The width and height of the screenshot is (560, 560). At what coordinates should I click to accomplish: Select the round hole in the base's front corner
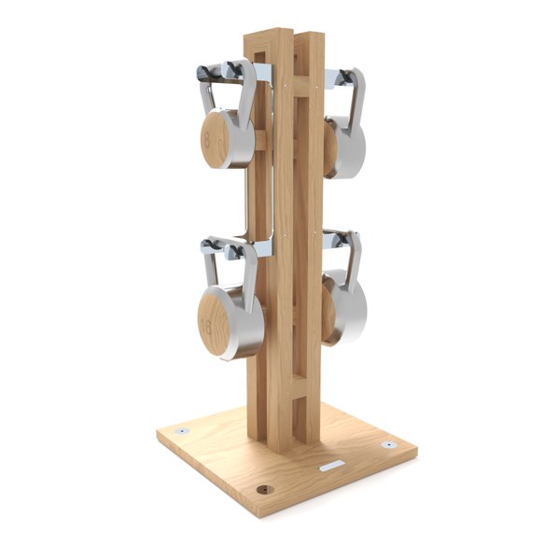[265, 489]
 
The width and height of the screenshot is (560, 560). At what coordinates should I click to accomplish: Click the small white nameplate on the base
[332, 464]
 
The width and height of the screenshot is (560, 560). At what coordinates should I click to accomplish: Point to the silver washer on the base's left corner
[181, 431]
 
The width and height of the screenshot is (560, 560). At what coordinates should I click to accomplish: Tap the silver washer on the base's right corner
[387, 444]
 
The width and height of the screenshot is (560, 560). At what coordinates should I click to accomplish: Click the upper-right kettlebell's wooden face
[329, 149]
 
